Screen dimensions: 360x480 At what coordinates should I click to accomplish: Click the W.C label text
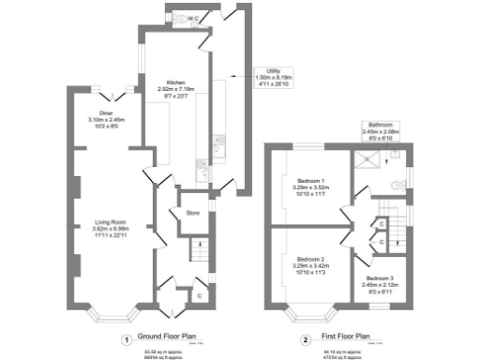pos(191,18)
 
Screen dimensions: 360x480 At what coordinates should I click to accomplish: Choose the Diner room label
pos(107,119)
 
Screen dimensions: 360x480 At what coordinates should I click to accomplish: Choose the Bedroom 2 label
pos(310,263)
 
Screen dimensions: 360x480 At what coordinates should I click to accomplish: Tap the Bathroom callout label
pos(382,131)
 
